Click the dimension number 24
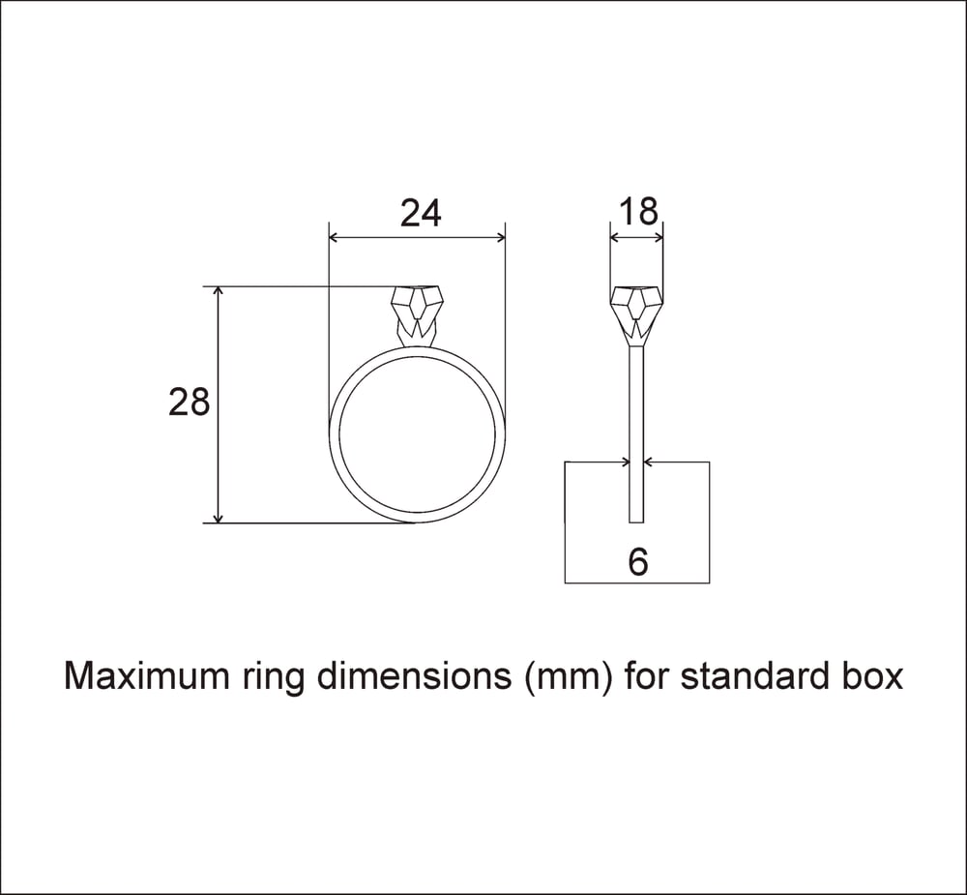(421, 213)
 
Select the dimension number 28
(190, 402)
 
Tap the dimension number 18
(636, 210)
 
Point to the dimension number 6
(637, 562)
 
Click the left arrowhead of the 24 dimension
(335, 237)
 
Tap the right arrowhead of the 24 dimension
(500, 237)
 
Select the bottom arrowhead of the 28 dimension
(219, 517)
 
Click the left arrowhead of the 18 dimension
(614, 237)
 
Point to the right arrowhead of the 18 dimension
(659, 237)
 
